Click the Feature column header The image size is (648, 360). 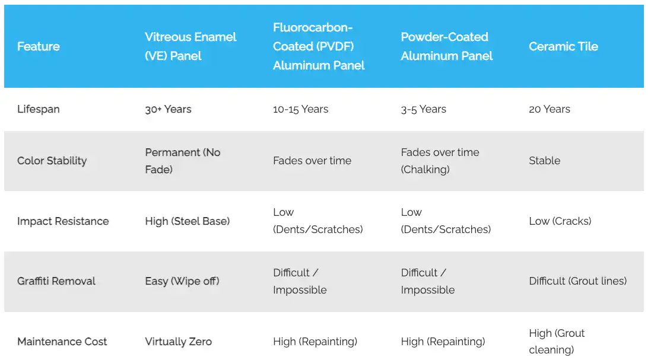click(39, 46)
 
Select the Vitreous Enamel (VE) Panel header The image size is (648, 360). click(190, 46)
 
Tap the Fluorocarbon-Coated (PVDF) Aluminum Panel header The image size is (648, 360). click(319, 46)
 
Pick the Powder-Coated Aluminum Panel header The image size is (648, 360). click(447, 46)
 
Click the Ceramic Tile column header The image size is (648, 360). click(563, 46)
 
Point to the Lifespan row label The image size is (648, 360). click(39, 109)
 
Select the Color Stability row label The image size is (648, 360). click(52, 161)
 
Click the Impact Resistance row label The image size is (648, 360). click(63, 221)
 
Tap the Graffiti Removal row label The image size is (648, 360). click(56, 281)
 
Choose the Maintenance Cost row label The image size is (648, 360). click(62, 342)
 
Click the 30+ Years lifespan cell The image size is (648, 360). click(168, 109)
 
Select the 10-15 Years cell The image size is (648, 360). click(300, 109)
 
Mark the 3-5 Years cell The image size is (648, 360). click(423, 109)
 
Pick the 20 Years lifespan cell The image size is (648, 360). click(549, 109)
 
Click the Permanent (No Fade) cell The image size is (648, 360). click(183, 161)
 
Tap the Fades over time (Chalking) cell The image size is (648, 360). click(440, 161)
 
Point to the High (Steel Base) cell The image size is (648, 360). click(187, 221)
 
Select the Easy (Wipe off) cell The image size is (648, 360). click(182, 281)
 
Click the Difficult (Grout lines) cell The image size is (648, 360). click(577, 281)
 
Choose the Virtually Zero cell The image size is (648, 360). click(178, 342)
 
